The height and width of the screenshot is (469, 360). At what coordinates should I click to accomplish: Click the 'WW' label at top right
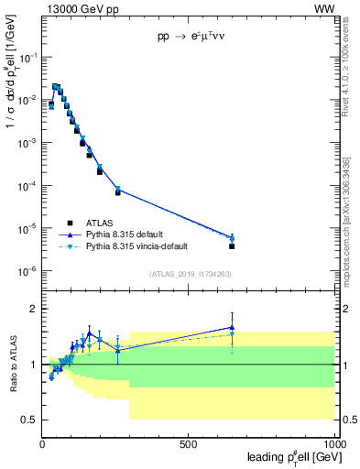coord(324,8)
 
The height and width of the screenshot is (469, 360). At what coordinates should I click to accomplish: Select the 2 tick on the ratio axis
coord(34,309)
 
